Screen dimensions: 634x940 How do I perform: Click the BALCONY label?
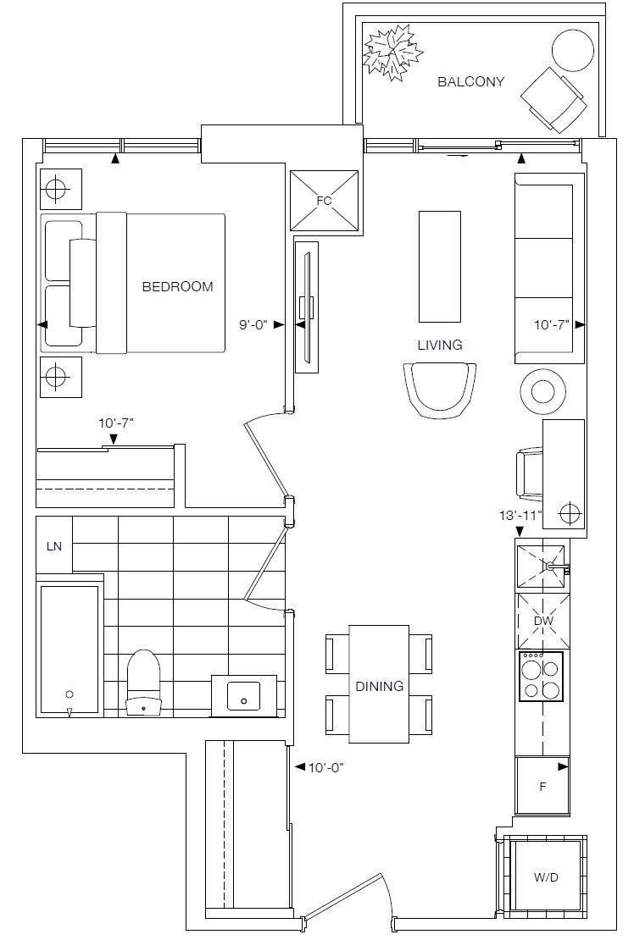coord(471,81)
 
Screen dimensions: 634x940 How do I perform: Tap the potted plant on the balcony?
coord(393,53)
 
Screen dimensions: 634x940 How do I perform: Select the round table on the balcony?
coord(573,50)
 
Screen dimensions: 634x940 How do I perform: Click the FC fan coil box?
coord(324,200)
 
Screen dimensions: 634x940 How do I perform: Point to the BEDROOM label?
coord(177,286)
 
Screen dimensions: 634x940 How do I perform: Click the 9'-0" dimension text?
coord(252,325)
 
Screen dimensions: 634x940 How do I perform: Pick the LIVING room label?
coord(440,345)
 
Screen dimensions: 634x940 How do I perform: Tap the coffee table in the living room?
coord(440,267)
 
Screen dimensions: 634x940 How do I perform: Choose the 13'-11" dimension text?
coord(520,514)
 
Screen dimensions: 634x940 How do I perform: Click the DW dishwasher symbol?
coord(543,621)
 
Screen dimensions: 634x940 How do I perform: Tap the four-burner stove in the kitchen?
coord(541,677)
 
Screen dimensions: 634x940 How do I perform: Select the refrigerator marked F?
coord(542,785)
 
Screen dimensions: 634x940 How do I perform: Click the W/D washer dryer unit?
coord(545,877)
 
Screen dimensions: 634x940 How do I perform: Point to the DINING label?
coord(379,687)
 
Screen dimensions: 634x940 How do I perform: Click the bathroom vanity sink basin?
coord(243,695)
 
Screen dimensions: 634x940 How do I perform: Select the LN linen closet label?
coord(54,546)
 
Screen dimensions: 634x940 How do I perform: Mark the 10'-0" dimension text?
coord(325,766)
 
